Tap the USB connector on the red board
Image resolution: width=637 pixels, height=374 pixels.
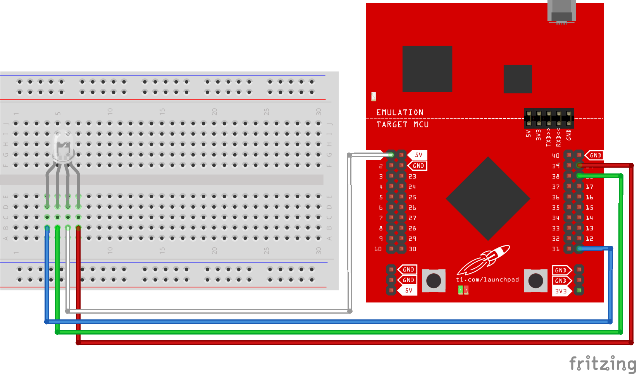click(561, 12)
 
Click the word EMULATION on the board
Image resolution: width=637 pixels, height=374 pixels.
click(400, 112)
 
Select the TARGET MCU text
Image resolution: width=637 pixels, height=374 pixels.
click(403, 124)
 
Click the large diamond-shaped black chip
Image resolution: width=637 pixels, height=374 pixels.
click(488, 199)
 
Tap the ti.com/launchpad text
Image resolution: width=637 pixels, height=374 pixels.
click(487, 280)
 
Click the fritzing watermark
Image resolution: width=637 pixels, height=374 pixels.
click(603, 364)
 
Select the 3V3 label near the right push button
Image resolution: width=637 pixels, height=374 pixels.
click(561, 291)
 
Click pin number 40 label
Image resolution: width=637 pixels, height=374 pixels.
click(556, 156)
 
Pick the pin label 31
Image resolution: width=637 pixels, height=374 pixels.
click(556, 249)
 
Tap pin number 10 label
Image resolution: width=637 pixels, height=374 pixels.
click(378, 249)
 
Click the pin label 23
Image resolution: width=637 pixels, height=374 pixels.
click(412, 177)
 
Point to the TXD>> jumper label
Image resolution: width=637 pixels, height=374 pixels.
click(548, 137)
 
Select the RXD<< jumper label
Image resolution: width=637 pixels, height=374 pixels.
click(558, 137)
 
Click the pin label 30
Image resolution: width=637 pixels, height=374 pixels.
click(412, 249)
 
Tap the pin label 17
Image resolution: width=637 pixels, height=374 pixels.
click(589, 187)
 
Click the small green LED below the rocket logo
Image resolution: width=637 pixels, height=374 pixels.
click(460, 290)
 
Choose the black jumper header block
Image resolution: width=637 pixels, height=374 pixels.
click(549, 118)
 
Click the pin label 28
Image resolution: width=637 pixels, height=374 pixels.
click(412, 228)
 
